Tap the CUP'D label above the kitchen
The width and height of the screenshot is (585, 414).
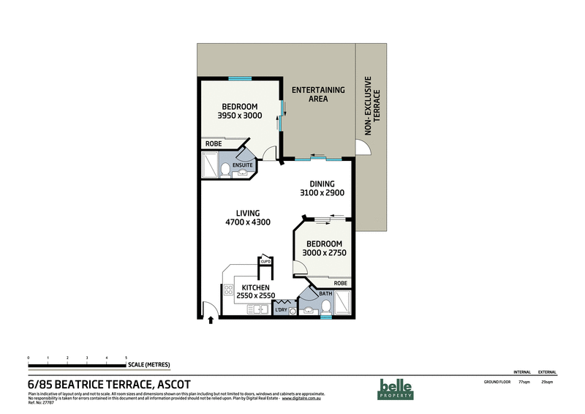265,261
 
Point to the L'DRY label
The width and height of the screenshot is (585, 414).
281,310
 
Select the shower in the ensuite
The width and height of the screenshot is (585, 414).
209,167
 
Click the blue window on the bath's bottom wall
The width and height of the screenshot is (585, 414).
315,317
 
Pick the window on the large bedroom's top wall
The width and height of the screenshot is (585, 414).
239,78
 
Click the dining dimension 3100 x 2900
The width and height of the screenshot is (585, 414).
322,193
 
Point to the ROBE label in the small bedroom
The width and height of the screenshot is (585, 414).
340,282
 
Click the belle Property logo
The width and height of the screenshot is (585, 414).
396,388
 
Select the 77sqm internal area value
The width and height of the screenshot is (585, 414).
524,382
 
